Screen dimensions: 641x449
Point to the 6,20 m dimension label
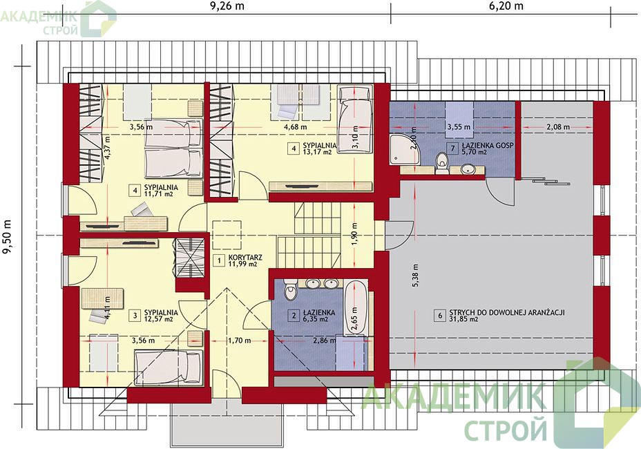coord(506,6)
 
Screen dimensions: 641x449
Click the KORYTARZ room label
coord(245,258)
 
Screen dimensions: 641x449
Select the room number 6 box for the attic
coord(440,315)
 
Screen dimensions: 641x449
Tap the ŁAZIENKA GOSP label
coord(488,145)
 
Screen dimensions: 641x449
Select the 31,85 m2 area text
coord(463,320)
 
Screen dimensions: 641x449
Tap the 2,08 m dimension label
coord(558,127)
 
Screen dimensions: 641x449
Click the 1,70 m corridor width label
coord(239,341)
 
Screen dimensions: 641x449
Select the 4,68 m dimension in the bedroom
coord(295,127)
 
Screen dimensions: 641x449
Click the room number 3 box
coord(134,315)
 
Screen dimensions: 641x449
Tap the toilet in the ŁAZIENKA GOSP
coord(441,163)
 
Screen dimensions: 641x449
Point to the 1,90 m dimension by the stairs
coord(354,236)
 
